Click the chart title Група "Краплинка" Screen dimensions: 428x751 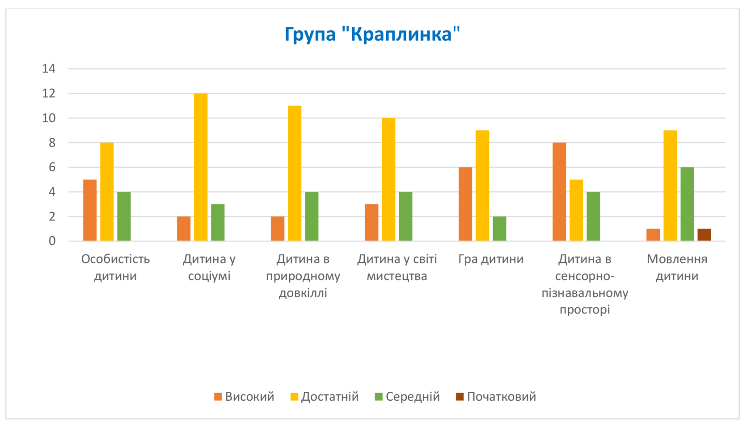coord(372,34)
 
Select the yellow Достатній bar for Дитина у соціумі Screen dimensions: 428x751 coord(201,167)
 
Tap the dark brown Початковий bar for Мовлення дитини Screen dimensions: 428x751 coord(704,235)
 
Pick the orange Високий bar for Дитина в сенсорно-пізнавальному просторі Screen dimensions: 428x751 coord(559,192)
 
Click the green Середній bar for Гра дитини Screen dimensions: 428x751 coord(499,229)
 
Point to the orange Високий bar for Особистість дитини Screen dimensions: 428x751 coord(90,210)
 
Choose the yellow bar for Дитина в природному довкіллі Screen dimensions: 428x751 coord(295,174)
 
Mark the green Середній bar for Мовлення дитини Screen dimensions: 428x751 coord(687,204)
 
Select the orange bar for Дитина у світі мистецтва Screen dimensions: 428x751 coord(371,222)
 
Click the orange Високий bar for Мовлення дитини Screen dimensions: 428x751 coord(653,235)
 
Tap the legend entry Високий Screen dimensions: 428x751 coord(245,397)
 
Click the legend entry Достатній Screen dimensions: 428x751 coord(325,397)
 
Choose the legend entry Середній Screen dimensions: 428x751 coord(407,397)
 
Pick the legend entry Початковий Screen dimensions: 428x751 coord(496,397)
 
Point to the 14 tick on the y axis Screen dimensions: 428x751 coord(49,69)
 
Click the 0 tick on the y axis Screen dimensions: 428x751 coord(52,241)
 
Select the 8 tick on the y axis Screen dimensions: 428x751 coord(52,143)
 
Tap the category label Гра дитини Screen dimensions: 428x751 coord(491,259)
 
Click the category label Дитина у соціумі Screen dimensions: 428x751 coord(209,267)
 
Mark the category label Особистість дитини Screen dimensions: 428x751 coord(115,267)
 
